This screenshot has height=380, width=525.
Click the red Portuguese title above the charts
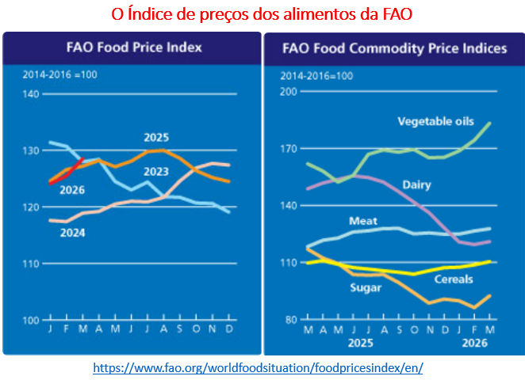262,14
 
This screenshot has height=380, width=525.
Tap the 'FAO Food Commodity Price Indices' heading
394,48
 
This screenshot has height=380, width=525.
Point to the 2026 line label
71,190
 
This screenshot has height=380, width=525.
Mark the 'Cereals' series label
453,279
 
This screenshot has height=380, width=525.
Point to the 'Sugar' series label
366,287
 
